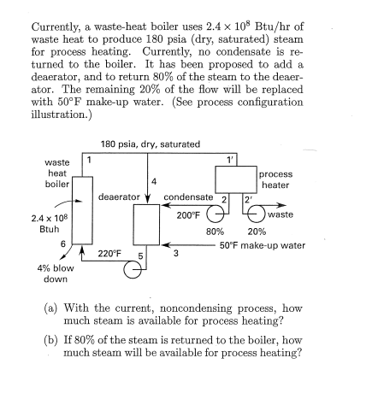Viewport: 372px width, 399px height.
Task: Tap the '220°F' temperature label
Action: click(110, 254)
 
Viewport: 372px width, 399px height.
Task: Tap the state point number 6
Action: click(61, 244)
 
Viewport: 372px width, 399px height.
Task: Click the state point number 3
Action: click(175, 254)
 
